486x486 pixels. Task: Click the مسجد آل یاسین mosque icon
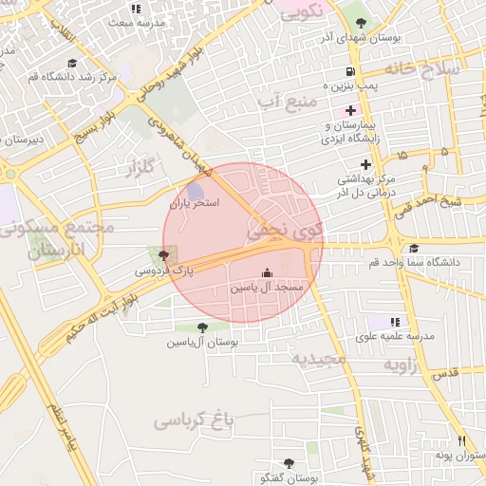(x=266, y=271)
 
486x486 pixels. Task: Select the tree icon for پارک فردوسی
(x=165, y=254)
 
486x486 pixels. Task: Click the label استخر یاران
(x=195, y=204)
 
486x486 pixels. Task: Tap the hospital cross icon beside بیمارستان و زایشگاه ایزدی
(x=351, y=110)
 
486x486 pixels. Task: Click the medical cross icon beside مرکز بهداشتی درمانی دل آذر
(x=365, y=164)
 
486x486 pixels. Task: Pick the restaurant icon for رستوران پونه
(x=462, y=440)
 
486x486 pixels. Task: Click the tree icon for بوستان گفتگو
(x=289, y=463)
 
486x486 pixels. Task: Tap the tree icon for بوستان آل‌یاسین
(x=200, y=327)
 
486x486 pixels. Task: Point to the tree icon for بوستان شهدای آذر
(x=359, y=18)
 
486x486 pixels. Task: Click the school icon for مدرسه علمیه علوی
(x=395, y=322)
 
